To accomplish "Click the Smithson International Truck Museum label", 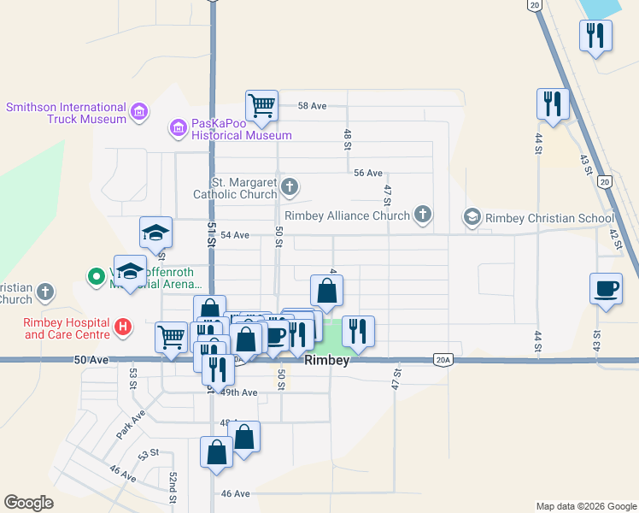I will coord(66,113).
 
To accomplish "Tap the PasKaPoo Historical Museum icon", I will coord(179,129).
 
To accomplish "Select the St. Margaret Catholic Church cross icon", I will coord(290,186).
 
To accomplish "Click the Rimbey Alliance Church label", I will coord(347,215).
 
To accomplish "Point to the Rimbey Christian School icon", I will coord(472,218).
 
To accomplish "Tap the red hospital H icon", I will coord(123,327).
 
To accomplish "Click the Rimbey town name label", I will coord(327,362).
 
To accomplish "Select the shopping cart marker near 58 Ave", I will coord(262,106).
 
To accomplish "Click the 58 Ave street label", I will coord(313,106).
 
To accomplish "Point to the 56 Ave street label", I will coord(368,173).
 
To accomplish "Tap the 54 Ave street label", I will coord(234,235).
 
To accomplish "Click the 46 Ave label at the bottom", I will coord(235,493).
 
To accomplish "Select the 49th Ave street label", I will coord(238,392).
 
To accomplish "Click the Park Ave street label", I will coord(130,428).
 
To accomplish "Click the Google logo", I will coord(28,503).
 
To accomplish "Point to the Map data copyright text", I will coord(585,506).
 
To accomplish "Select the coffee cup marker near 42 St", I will coord(606,289).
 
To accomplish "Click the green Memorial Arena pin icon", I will coord(96,276).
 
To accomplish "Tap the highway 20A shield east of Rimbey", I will coord(442,360).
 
